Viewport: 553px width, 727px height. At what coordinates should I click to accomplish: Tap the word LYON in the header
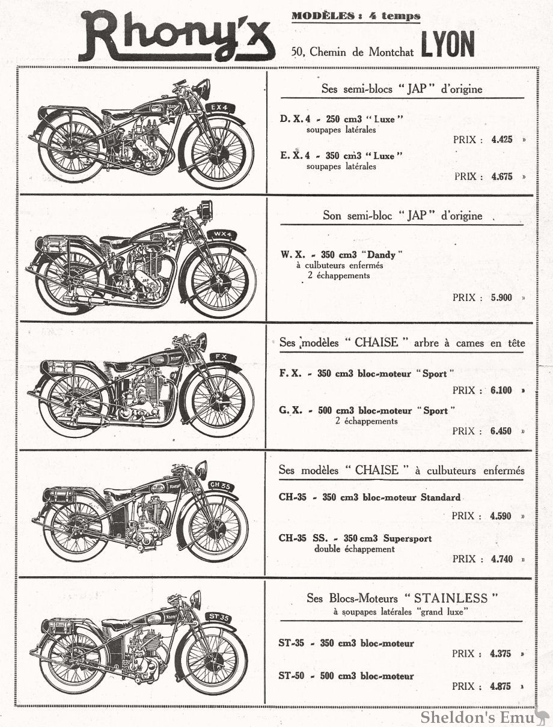448,45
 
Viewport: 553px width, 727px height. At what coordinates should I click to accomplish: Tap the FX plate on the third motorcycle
222,357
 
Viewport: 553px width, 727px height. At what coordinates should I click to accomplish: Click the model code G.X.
291,411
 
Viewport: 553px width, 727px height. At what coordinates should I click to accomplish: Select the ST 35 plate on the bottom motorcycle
219,617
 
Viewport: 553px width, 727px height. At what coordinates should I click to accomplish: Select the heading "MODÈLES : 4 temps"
356,16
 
